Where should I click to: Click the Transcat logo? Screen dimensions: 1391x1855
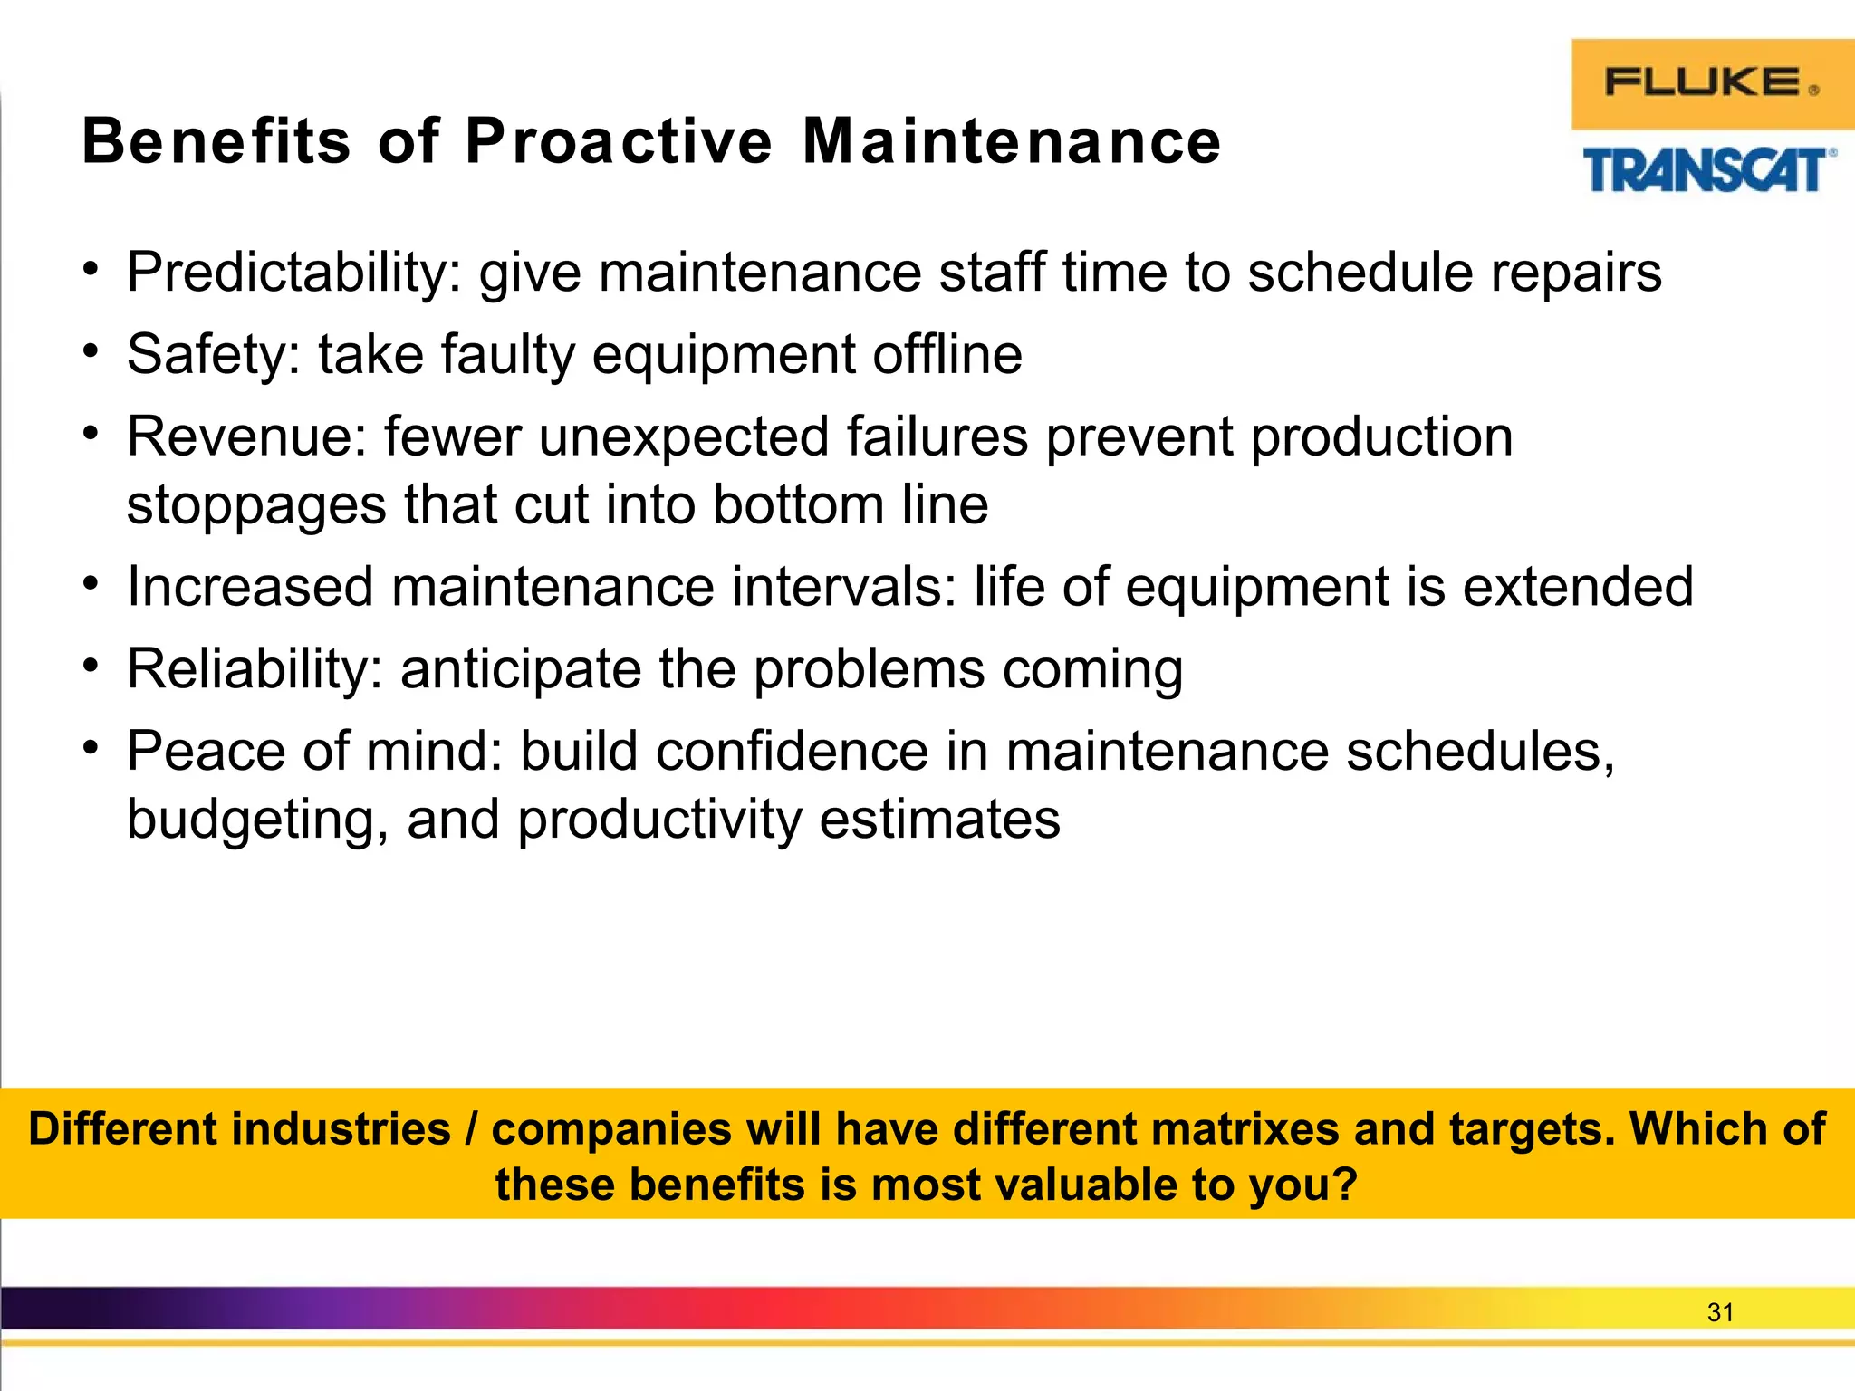pos(1708,170)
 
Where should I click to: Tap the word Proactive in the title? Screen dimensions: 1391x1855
pos(619,142)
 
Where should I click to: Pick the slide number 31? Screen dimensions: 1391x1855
pos(1719,1312)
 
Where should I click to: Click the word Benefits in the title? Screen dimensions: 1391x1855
pos(216,142)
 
